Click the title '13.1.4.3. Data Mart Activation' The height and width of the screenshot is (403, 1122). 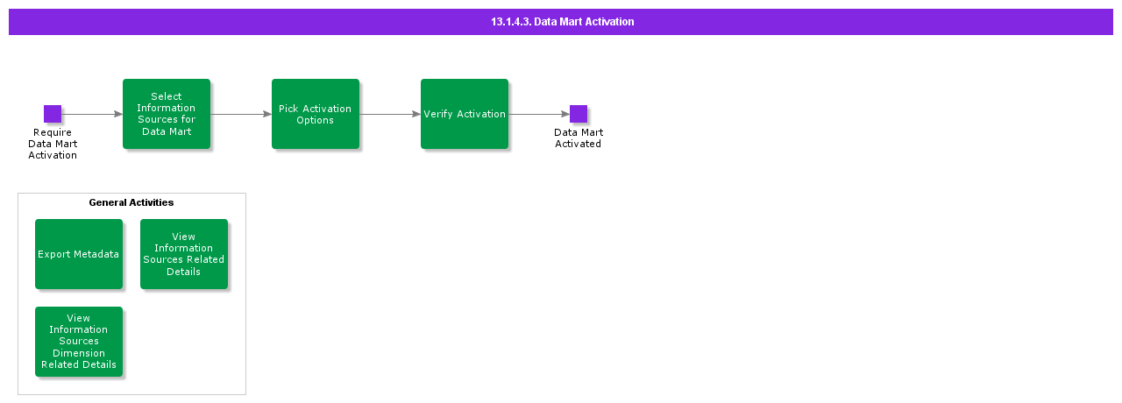pos(562,22)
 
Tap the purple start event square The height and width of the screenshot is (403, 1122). pos(53,114)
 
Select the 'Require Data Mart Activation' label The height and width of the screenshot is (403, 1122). pos(53,144)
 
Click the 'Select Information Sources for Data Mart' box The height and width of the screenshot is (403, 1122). pos(167,114)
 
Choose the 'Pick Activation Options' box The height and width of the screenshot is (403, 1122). pos(316,114)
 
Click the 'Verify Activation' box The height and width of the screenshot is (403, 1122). pos(465,114)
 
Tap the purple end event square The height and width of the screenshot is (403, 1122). pos(579,114)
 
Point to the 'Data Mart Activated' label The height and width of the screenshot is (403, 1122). pos(579,138)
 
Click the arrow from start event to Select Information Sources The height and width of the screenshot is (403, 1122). pos(92,114)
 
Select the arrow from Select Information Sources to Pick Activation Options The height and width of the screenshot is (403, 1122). pos(241,114)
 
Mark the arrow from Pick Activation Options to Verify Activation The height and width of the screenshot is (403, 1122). pos(390,114)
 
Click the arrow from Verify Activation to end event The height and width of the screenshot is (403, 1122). pos(539,114)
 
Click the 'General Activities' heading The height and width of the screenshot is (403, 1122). pos(131,202)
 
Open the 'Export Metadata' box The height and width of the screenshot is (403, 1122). pos(79,254)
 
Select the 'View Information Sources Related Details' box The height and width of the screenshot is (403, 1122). pos(184,254)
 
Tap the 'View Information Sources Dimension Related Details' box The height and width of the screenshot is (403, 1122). pos(79,342)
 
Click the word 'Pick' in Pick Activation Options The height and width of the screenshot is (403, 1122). pos(288,109)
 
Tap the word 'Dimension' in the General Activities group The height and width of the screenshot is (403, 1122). pos(79,353)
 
